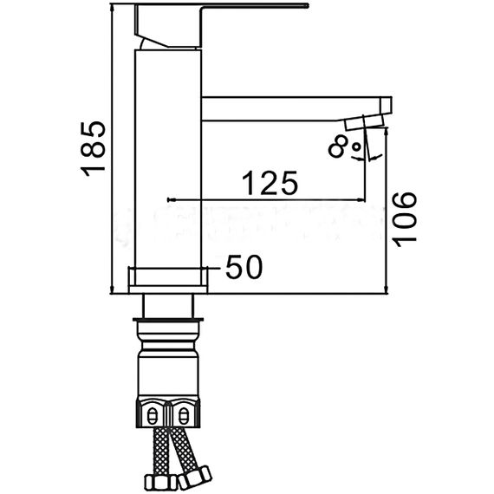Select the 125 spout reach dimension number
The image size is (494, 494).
270,183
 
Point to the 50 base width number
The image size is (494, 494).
244,268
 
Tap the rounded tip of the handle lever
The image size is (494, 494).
306,6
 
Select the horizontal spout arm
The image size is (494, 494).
286,108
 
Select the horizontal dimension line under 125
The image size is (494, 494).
269,198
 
